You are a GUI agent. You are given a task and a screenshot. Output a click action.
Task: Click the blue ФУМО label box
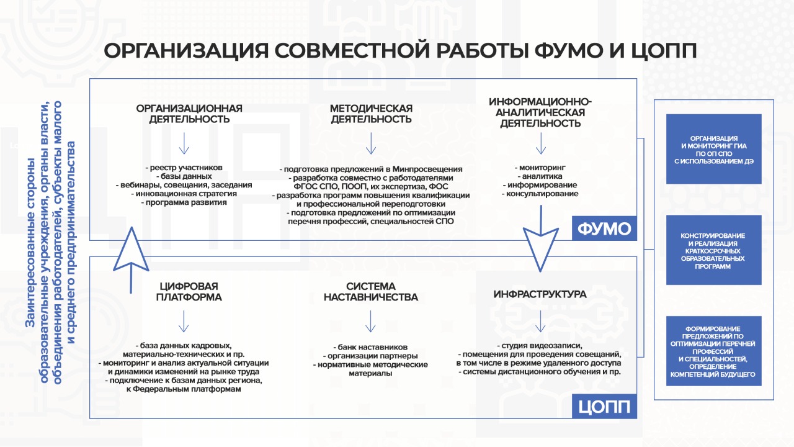[604, 228]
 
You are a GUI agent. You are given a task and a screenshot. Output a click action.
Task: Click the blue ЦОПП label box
[604, 406]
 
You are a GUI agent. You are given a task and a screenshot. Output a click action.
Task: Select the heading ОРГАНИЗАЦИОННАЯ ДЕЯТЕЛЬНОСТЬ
[189, 114]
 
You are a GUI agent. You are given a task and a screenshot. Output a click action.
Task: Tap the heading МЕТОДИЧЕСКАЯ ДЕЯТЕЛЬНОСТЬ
[371, 114]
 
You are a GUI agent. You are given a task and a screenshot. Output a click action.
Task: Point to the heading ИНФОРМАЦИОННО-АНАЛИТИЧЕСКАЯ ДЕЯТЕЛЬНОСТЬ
[540, 112]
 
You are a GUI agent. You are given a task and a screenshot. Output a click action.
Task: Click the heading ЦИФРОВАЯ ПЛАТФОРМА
[189, 292]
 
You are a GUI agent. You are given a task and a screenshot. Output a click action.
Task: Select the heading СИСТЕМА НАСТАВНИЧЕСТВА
[371, 292]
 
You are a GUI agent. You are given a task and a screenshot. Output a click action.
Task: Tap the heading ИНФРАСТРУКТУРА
[540, 294]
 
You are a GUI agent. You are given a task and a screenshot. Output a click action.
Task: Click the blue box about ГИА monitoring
[714, 149]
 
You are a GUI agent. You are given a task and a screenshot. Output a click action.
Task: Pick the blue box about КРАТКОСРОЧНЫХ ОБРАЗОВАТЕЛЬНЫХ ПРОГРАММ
[714, 250]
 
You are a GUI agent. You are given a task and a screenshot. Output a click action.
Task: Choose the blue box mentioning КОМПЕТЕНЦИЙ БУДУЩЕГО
[714, 351]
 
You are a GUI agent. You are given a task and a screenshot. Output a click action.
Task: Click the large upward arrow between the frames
[132, 260]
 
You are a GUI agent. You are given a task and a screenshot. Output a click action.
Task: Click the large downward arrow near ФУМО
[541, 238]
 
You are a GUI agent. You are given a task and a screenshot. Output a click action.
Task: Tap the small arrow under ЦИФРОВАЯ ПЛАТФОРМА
[184, 322]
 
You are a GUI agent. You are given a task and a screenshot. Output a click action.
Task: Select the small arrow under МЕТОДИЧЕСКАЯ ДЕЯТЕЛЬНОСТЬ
[371, 143]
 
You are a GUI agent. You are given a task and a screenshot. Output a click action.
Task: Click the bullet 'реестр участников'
[184, 168]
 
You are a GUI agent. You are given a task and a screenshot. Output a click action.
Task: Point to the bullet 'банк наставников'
[370, 347]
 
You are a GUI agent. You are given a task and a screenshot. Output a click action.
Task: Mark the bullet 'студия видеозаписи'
[540, 346]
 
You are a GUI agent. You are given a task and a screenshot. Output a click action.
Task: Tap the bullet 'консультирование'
[540, 194]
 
